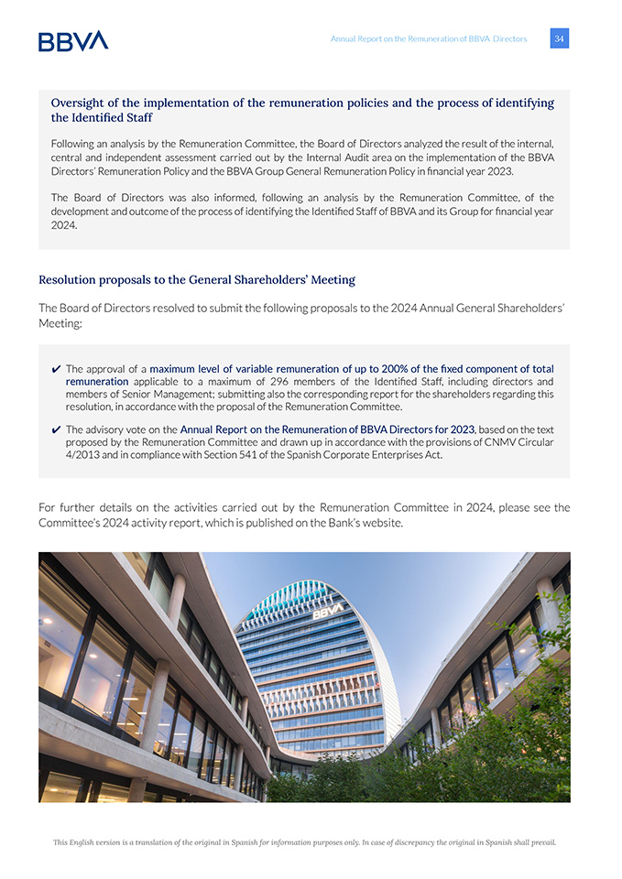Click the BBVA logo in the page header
[x=73, y=40]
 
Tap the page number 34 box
[x=559, y=38]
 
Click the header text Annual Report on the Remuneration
[x=428, y=39]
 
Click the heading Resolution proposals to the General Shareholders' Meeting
[x=197, y=279]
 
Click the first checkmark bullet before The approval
[x=56, y=369]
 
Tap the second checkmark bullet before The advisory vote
[x=56, y=429]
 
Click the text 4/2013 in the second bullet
[x=83, y=454]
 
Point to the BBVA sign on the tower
[x=328, y=609]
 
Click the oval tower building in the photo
[x=316, y=678]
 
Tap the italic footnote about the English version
[x=304, y=841]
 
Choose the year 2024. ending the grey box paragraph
[x=64, y=224]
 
